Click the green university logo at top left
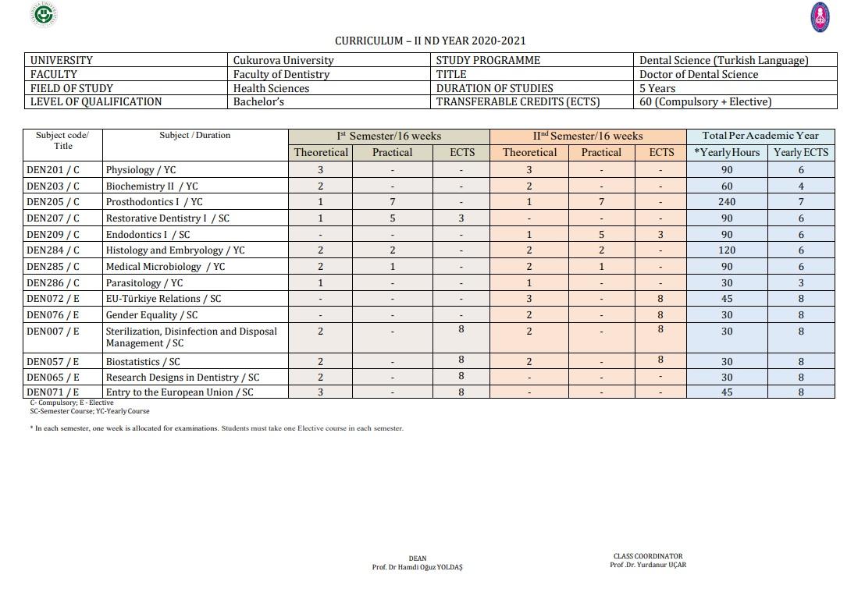(x=45, y=15)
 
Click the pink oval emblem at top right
(x=820, y=16)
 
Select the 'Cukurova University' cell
(x=283, y=60)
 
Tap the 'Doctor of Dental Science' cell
(x=698, y=74)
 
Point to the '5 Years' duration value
(x=657, y=88)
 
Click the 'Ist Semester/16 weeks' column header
(x=389, y=137)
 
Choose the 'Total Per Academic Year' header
(x=760, y=136)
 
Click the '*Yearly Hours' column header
(x=726, y=153)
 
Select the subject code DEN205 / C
(x=53, y=202)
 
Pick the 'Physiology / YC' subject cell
(x=141, y=170)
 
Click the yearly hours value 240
(x=726, y=202)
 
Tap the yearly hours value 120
(x=726, y=250)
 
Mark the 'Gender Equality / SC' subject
(x=151, y=315)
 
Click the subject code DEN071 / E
(x=53, y=392)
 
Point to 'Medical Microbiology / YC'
(x=165, y=267)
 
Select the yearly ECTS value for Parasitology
(x=800, y=283)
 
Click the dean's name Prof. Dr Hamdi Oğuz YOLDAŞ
(x=417, y=568)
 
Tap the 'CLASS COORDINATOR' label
(x=648, y=556)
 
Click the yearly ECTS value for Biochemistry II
(x=800, y=186)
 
